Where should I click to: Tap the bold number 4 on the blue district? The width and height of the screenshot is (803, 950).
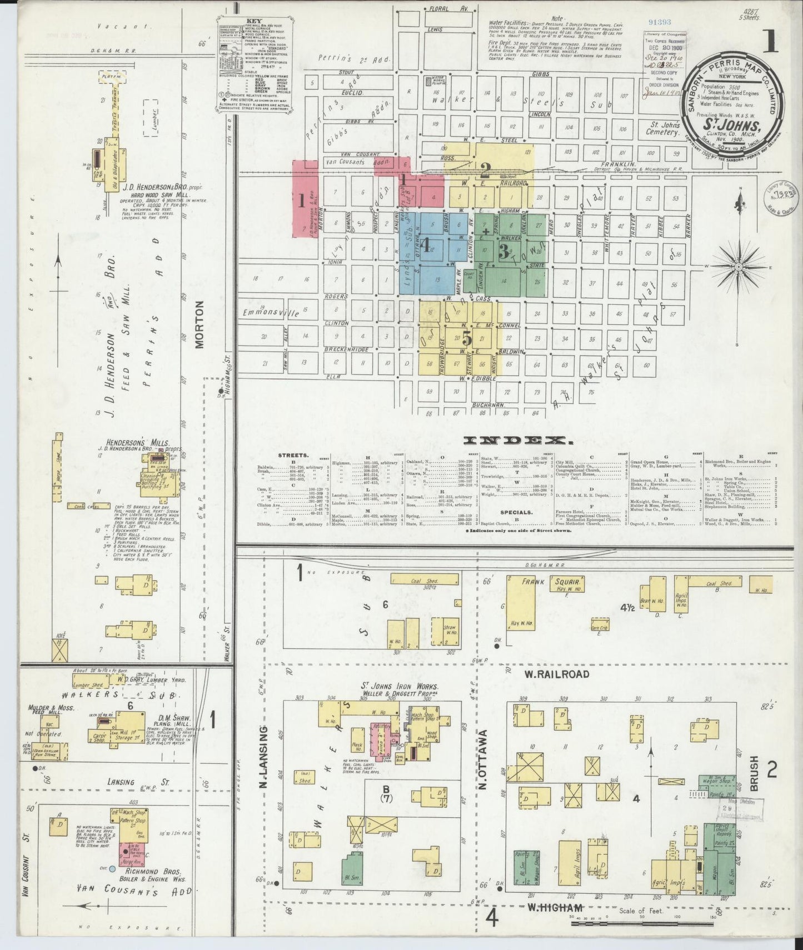point(426,245)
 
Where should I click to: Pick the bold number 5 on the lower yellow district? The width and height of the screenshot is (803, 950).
point(467,338)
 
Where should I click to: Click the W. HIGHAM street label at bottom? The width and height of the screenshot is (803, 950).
point(555,908)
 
